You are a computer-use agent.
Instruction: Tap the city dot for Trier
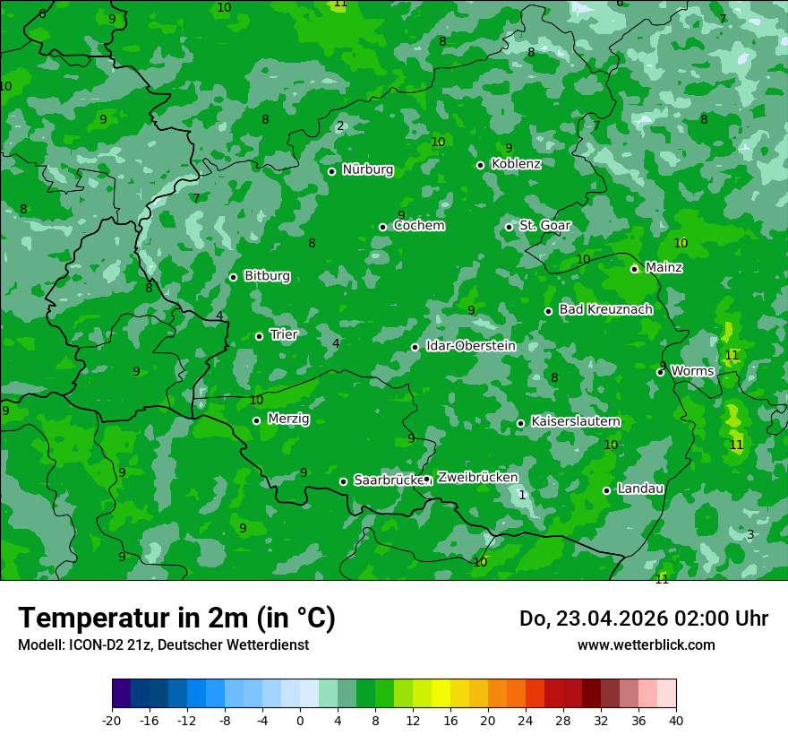[x=260, y=336]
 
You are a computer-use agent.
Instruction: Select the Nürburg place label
[x=367, y=169]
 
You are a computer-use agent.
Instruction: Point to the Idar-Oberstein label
[x=470, y=346]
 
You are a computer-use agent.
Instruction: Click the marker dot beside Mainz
[x=634, y=269]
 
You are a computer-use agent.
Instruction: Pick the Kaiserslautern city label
[x=576, y=421]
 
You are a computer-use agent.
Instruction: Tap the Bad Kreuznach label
[x=605, y=309]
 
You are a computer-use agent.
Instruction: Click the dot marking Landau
[x=606, y=490]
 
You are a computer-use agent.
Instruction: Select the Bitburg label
[x=267, y=276]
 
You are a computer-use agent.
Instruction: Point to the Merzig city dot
[x=256, y=420]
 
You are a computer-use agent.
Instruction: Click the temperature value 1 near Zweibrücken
[x=522, y=495]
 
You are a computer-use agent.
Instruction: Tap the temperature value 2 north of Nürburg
[x=340, y=125]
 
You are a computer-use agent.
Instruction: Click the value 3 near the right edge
[x=750, y=534]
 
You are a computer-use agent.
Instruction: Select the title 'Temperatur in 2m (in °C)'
[x=176, y=619]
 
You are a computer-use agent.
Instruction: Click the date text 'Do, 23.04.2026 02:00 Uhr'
[x=643, y=619]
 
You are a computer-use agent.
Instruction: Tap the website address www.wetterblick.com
[x=646, y=645]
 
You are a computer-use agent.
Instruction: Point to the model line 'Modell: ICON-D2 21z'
[x=163, y=645]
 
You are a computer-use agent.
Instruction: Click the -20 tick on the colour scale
[x=112, y=720]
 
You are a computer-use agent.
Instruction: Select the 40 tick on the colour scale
[x=675, y=720]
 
